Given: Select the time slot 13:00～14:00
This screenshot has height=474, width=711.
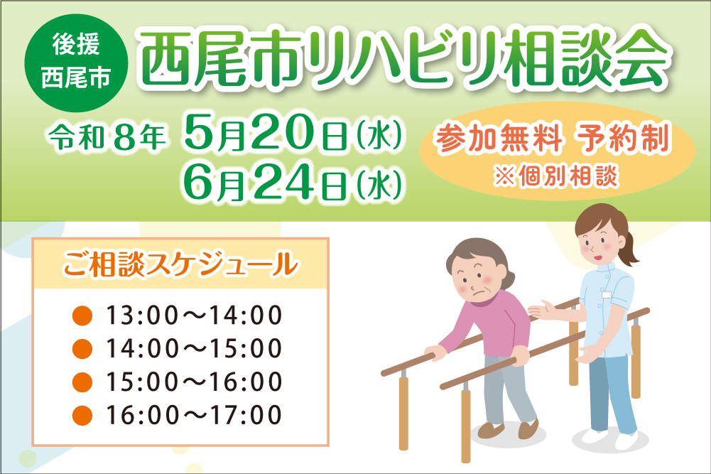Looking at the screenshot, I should click(x=194, y=315).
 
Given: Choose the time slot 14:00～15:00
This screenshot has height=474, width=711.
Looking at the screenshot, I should click(x=194, y=348).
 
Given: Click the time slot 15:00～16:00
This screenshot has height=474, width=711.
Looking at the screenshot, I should click(x=194, y=382).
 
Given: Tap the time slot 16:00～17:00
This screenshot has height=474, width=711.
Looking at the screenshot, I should click(x=194, y=414).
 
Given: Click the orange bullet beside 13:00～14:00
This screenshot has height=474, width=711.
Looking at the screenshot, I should click(x=83, y=315).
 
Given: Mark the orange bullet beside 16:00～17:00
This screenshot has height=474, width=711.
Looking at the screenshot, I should click(x=83, y=414).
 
